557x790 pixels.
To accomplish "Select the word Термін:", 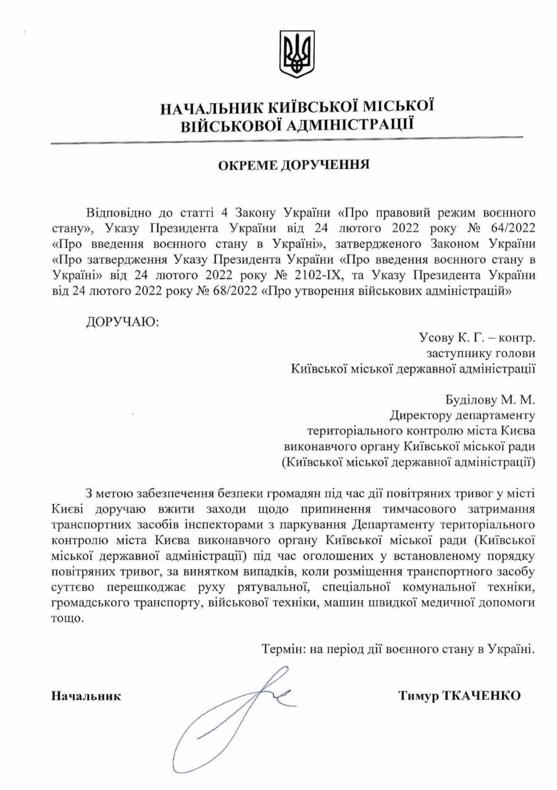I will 282,649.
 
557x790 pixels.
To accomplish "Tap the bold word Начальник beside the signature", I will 86,696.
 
